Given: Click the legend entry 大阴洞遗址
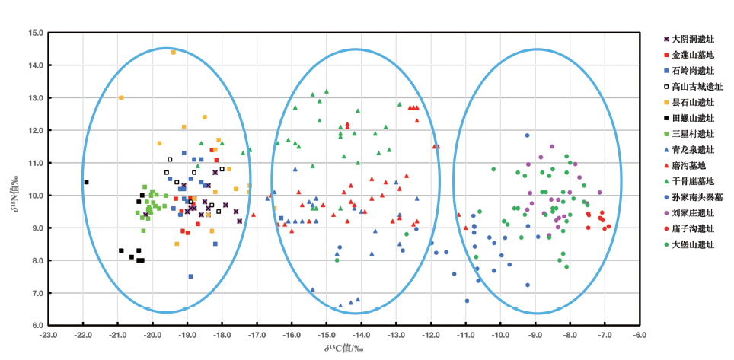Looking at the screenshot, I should click(694, 39).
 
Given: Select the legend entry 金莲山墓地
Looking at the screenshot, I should click(694, 55).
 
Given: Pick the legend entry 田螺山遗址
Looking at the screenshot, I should click(694, 118).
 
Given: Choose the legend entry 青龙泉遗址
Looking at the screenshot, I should click(694, 150).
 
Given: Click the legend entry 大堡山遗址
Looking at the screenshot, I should click(694, 244).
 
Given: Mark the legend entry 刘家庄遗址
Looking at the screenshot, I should click(694, 213).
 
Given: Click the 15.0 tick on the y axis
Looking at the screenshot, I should click(36, 33).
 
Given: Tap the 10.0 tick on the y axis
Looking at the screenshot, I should click(36, 196).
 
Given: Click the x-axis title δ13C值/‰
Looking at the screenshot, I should click(344, 348).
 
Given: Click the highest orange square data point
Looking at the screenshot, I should click(174, 53).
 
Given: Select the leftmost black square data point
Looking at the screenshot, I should click(86, 182).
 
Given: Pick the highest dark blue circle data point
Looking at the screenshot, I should click(526, 135).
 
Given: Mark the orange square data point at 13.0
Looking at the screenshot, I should click(121, 97).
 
